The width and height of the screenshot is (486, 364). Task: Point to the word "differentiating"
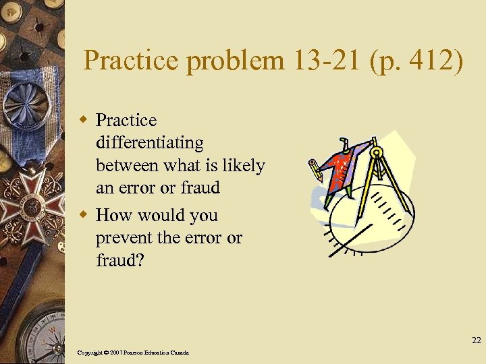[149, 143]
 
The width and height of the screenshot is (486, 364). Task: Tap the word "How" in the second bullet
[111, 215]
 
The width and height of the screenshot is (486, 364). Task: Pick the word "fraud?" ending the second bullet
[119, 261]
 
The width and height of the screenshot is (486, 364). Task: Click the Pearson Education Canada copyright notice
[133, 353]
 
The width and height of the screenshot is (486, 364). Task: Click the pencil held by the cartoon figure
[315, 169]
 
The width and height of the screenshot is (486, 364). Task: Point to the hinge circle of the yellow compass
[376, 152]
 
